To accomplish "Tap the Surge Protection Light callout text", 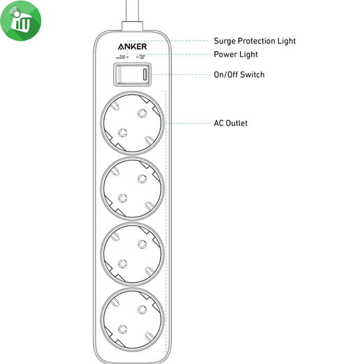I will coord(255,41).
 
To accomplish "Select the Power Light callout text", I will coord(236,55).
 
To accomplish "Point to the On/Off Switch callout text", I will coord(239,75).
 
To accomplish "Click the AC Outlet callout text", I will coord(230,123).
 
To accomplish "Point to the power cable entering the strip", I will coord(133,13).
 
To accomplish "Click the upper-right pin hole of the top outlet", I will coord(141,113).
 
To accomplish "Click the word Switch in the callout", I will coord(253,75).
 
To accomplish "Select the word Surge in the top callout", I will coord(224,41).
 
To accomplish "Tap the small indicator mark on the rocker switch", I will coord(145,74).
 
